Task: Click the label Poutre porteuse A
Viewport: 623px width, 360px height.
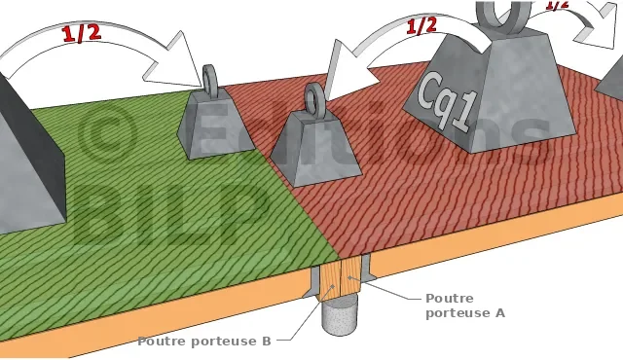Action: (465, 306)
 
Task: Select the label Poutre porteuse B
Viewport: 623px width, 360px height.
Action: (204, 341)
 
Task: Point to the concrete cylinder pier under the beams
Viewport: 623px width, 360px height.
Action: (339, 316)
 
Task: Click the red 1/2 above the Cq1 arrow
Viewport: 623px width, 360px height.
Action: (421, 26)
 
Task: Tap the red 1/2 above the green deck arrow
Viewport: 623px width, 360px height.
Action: (82, 33)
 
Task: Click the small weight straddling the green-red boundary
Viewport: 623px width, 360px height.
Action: (216, 123)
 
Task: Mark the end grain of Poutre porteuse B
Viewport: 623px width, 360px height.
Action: (331, 281)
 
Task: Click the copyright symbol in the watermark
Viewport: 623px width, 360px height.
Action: (105, 135)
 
